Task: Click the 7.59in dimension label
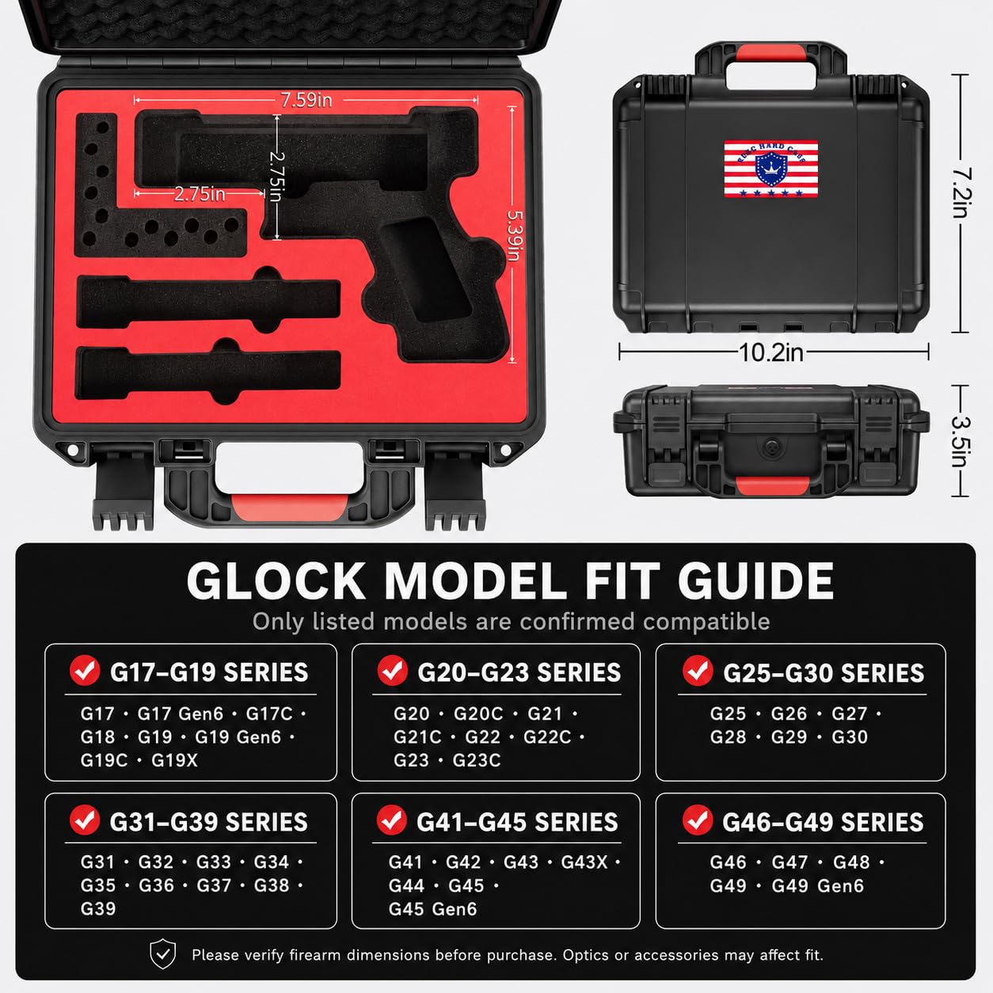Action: coord(306,100)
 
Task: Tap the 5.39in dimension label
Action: coord(514,235)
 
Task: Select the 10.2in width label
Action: coord(771,352)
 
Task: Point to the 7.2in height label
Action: coord(961,192)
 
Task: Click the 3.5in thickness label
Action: coord(961,442)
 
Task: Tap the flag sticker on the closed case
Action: coord(771,169)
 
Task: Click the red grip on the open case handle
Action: coord(289,507)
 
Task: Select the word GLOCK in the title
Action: coord(276,580)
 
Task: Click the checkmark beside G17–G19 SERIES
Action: coord(85,671)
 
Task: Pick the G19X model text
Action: coord(174,761)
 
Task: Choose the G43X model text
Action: coord(584,862)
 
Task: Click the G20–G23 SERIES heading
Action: coord(519,673)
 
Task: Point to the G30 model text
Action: coord(850,737)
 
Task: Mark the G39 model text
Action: coord(98,908)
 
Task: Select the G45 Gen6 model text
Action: coord(433,909)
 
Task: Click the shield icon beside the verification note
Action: coord(163,954)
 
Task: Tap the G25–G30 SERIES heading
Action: coord(824,673)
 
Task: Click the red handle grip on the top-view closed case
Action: coord(771,53)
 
